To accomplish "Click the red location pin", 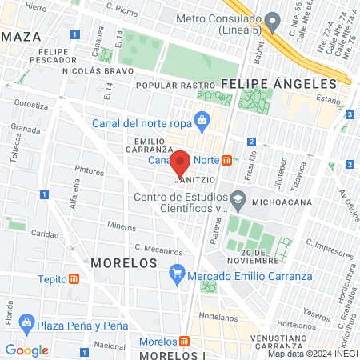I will (181, 162).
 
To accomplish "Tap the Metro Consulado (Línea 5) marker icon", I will (273, 19).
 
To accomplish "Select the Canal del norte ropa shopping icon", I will (202, 121).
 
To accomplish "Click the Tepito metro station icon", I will (74, 278).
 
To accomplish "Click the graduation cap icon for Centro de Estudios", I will (238, 197).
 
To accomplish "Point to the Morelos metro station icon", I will (185, 342).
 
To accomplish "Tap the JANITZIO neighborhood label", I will (193, 180).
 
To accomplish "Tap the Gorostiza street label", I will (31, 104).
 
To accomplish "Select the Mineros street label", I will (122, 226).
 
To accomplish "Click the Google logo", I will (26, 350).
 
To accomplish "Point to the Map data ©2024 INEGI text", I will (312, 354).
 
